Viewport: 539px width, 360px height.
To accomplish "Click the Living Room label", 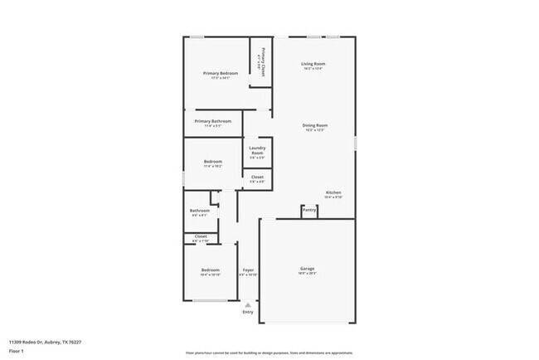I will pyautogui.click(x=313, y=64).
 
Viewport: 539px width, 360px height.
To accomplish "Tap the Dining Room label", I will pyautogui.click(x=315, y=125).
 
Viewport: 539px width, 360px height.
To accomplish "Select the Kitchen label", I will pyautogui.click(x=333, y=192).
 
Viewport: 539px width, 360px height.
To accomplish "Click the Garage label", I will pyautogui.click(x=307, y=269).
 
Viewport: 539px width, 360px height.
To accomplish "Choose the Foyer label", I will pyautogui.click(x=248, y=270).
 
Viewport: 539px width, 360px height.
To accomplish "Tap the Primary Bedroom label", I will pyautogui.click(x=221, y=74).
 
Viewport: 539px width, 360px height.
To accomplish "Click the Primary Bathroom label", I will pyautogui.click(x=213, y=121).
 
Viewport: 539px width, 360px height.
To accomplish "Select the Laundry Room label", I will pyautogui.click(x=257, y=150).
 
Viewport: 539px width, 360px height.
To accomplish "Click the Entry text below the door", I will pyautogui.click(x=248, y=312).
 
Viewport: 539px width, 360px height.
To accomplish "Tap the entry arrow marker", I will pyautogui.click(x=248, y=304).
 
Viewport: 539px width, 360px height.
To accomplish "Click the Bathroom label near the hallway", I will pyautogui.click(x=200, y=211).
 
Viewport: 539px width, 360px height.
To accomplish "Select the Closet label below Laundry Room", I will pyautogui.click(x=257, y=177).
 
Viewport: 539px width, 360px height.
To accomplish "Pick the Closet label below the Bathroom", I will pyautogui.click(x=201, y=236).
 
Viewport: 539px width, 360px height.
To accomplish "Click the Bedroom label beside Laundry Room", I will pyautogui.click(x=213, y=162).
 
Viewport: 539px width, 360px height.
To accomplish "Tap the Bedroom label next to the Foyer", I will pyautogui.click(x=210, y=270).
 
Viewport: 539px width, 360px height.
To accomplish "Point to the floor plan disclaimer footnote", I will pyautogui.click(x=269, y=353).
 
